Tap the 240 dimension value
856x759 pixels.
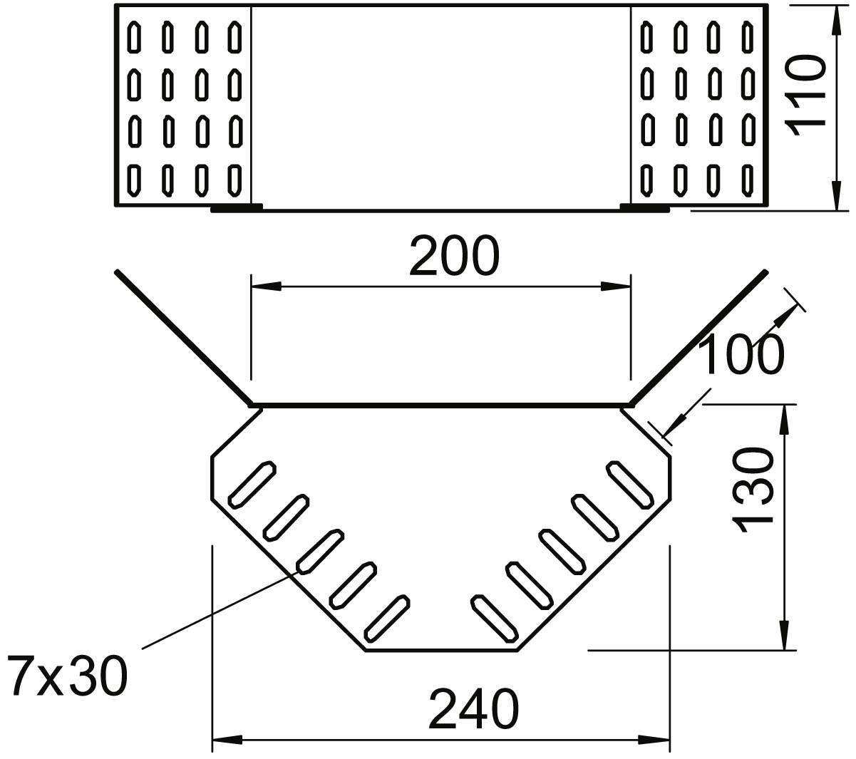[473, 708]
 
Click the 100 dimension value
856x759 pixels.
[741, 354]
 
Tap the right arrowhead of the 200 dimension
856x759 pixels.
[617, 286]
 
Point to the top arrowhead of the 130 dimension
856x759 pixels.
[785, 419]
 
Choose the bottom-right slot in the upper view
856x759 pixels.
[747, 180]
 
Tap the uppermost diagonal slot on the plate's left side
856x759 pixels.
[251, 483]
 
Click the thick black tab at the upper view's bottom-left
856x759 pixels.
[237, 208]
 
